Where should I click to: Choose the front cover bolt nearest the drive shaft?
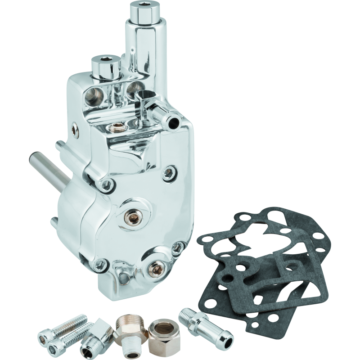107,185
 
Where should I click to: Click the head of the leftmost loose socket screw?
43,335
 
